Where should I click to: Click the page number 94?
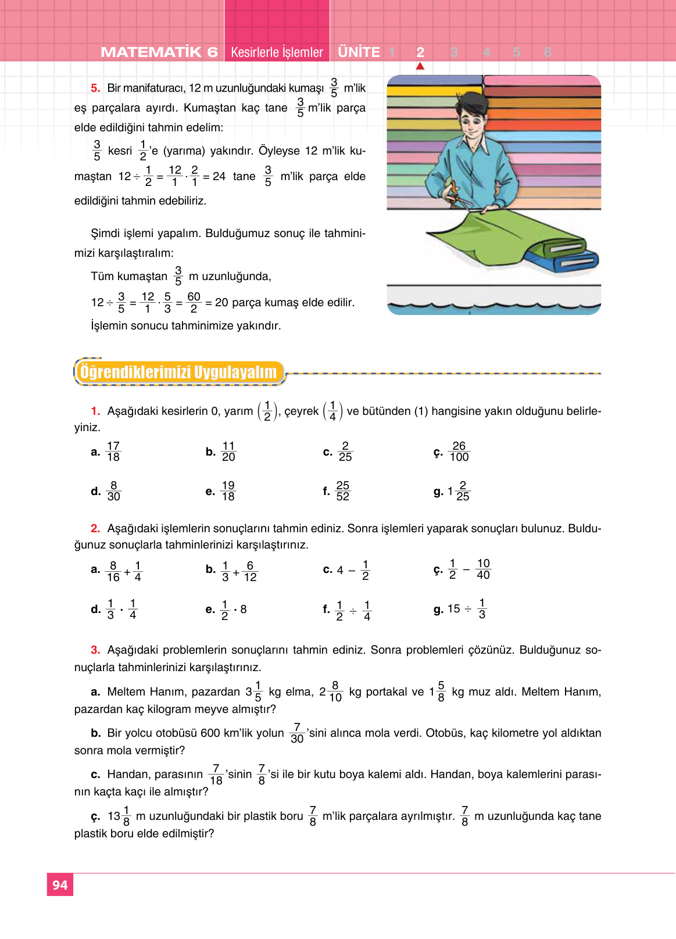(x=60, y=885)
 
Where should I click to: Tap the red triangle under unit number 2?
(x=420, y=66)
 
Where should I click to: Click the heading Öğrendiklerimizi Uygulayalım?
(x=178, y=372)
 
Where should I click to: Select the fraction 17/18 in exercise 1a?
(x=113, y=451)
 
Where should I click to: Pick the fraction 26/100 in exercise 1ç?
(x=459, y=451)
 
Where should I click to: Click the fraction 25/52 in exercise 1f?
(x=343, y=491)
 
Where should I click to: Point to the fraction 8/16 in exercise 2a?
(x=113, y=571)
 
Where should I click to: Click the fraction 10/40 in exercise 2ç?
(x=483, y=569)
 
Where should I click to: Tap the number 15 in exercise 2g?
(x=454, y=609)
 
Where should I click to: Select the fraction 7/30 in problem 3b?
(x=297, y=733)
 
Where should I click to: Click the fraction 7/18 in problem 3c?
(x=216, y=775)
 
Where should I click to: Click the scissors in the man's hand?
(x=457, y=195)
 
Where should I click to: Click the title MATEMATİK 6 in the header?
(x=159, y=52)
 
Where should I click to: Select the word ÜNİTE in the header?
(x=359, y=52)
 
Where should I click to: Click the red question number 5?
(x=95, y=88)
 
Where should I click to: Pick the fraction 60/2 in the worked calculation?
(x=194, y=303)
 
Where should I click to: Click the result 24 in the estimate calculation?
(x=219, y=176)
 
